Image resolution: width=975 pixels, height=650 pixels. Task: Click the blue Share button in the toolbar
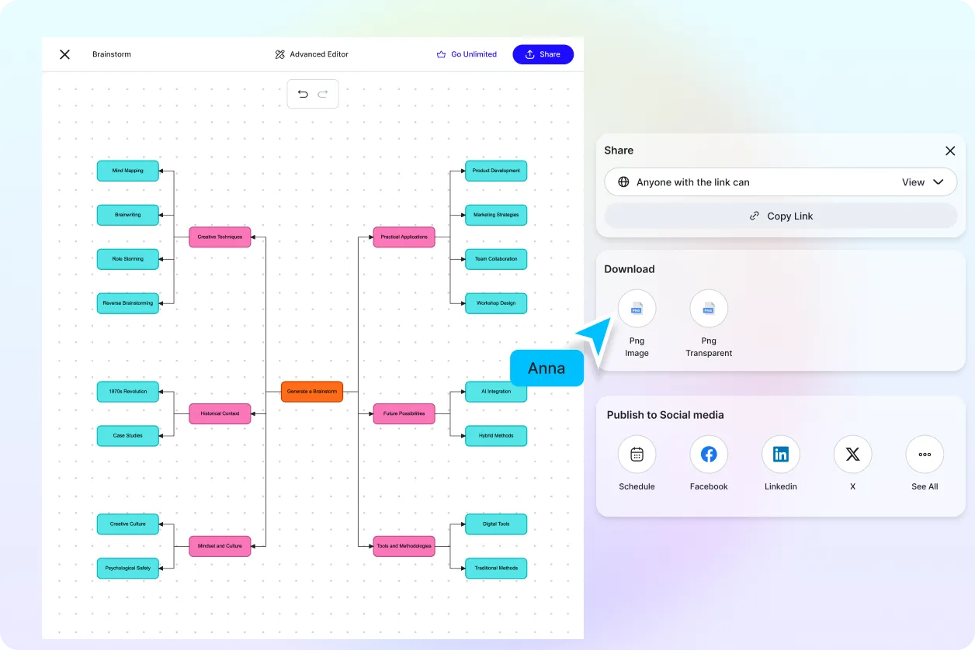pyautogui.click(x=543, y=54)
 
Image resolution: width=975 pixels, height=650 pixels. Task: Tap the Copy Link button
pyautogui.click(x=781, y=216)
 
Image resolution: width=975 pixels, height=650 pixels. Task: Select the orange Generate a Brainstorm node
pyautogui.click(x=312, y=392)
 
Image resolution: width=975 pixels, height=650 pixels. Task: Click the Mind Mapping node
pyautogui.click(x=128, y=171)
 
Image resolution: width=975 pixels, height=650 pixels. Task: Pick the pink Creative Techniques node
pyautogui.click(x=220, y=237)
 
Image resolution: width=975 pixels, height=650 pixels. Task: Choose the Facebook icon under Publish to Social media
pyautogui.click(x=709, y=455)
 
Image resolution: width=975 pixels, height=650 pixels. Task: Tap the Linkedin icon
pyautogui.click(x=781, y=455)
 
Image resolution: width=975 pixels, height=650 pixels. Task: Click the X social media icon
pyautogui.click(x=852, y=455)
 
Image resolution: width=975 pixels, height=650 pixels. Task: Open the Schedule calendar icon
pyautogui.click(x=637, y=455)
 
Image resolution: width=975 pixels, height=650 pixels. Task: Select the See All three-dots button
pyautogui.click(x=925, y=455)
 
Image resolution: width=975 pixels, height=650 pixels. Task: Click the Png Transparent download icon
pyautogui.click(x=709, y=309)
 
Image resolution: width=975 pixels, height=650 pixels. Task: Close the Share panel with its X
pyautogui.click(x=950, y=150)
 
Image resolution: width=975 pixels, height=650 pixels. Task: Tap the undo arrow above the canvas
pyautogui.click(x=303, y=94)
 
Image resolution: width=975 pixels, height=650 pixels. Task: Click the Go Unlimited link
pyautogui.click(x=467, y=54)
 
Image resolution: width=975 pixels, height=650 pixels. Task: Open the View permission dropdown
pyautogui.click(x=922, y=182)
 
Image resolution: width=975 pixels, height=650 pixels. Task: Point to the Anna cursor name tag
pyautogui.click(x=546, y=368)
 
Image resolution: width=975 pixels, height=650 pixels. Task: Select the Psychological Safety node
pyautogui.click(x=128, y=568)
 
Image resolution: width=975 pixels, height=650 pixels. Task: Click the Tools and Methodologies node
pyautogui.click(x=404, y=546)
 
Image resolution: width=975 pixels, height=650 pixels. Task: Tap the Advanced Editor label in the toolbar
pyautogui.click(x=312, y=54)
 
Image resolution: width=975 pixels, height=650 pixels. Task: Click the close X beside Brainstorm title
pyautogui.click(x=65, y=54)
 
